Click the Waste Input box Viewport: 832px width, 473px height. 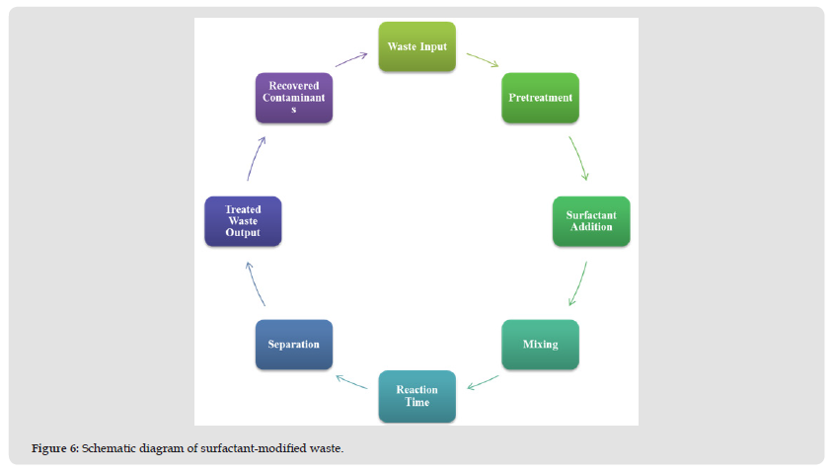pos(417,46)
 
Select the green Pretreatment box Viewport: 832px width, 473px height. pos(540,98)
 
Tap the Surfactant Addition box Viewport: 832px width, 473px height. pos(590,221)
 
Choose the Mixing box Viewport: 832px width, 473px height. pos(540,345)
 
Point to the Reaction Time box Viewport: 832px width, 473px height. pos(416,396)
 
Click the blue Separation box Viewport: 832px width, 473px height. pos(293,345)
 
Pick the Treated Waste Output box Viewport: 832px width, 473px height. pos(243,221)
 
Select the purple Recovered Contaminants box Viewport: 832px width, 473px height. pos(293,98)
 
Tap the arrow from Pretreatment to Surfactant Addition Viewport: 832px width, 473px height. pos(578,158)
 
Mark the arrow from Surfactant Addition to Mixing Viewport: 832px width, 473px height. pos(578,284)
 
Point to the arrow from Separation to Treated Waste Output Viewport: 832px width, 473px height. pos(256,284)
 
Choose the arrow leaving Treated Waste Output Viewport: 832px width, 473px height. pos(256,158)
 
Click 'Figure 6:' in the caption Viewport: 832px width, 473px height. pos(53,449)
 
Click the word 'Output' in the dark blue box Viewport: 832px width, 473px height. pos(243,232)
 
